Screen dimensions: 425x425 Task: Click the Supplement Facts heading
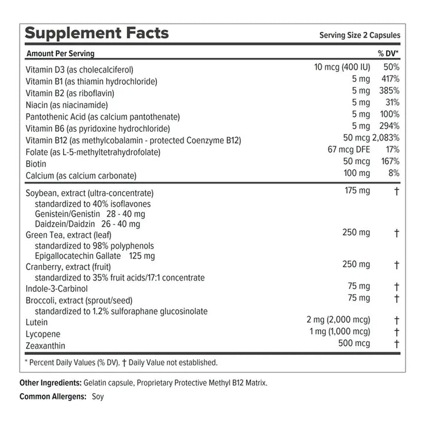(x=97, y=33)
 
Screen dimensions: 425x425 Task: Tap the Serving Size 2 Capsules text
(x=359, y=35)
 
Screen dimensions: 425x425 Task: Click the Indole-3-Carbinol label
(x=57, y=289)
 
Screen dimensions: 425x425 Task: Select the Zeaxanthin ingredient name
(x=45, y=345)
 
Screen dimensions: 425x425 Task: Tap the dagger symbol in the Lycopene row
(x=397, y=332)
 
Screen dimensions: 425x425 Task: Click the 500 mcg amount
(x=354, y=343)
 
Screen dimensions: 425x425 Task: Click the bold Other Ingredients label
(x=51, y=383)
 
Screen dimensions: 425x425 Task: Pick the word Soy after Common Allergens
(x=97, y=397)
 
